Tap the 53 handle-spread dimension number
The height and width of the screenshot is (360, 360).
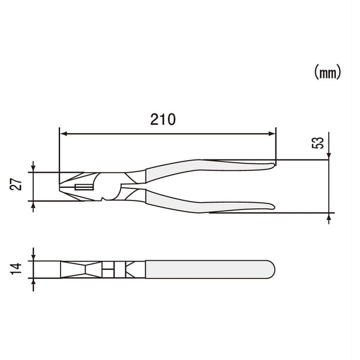pos(319,143)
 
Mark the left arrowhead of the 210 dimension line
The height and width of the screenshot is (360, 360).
pos(63,134)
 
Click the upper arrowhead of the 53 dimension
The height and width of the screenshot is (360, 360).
pos(329,157)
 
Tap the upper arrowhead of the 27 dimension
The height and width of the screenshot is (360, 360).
pos(33,169)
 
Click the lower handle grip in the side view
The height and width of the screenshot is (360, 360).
pos(210,206)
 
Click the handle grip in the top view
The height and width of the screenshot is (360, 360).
pos(210,269)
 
